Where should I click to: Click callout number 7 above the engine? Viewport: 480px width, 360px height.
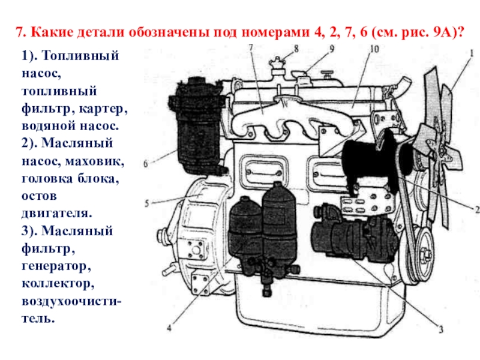click(251, 47)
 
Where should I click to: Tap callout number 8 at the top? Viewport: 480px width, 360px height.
click(296, 49)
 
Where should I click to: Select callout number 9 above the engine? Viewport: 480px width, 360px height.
click(332, 49)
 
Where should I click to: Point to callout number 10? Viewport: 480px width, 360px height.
click(374, 49)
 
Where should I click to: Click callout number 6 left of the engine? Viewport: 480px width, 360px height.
click(146, 164)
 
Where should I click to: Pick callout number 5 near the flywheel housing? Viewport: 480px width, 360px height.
click(146, 203)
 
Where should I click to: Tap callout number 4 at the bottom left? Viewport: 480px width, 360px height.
click(169, 328)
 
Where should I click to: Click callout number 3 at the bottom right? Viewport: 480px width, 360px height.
click(441, 329)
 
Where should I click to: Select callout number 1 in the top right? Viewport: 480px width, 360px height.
click(472, 53)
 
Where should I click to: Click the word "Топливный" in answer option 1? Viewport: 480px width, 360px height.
click(80, 56)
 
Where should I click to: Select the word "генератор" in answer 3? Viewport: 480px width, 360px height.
click(56, 266)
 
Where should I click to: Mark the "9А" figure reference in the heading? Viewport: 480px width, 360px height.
click(442, 32)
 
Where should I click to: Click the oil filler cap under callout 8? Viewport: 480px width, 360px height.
click(277, 66)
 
